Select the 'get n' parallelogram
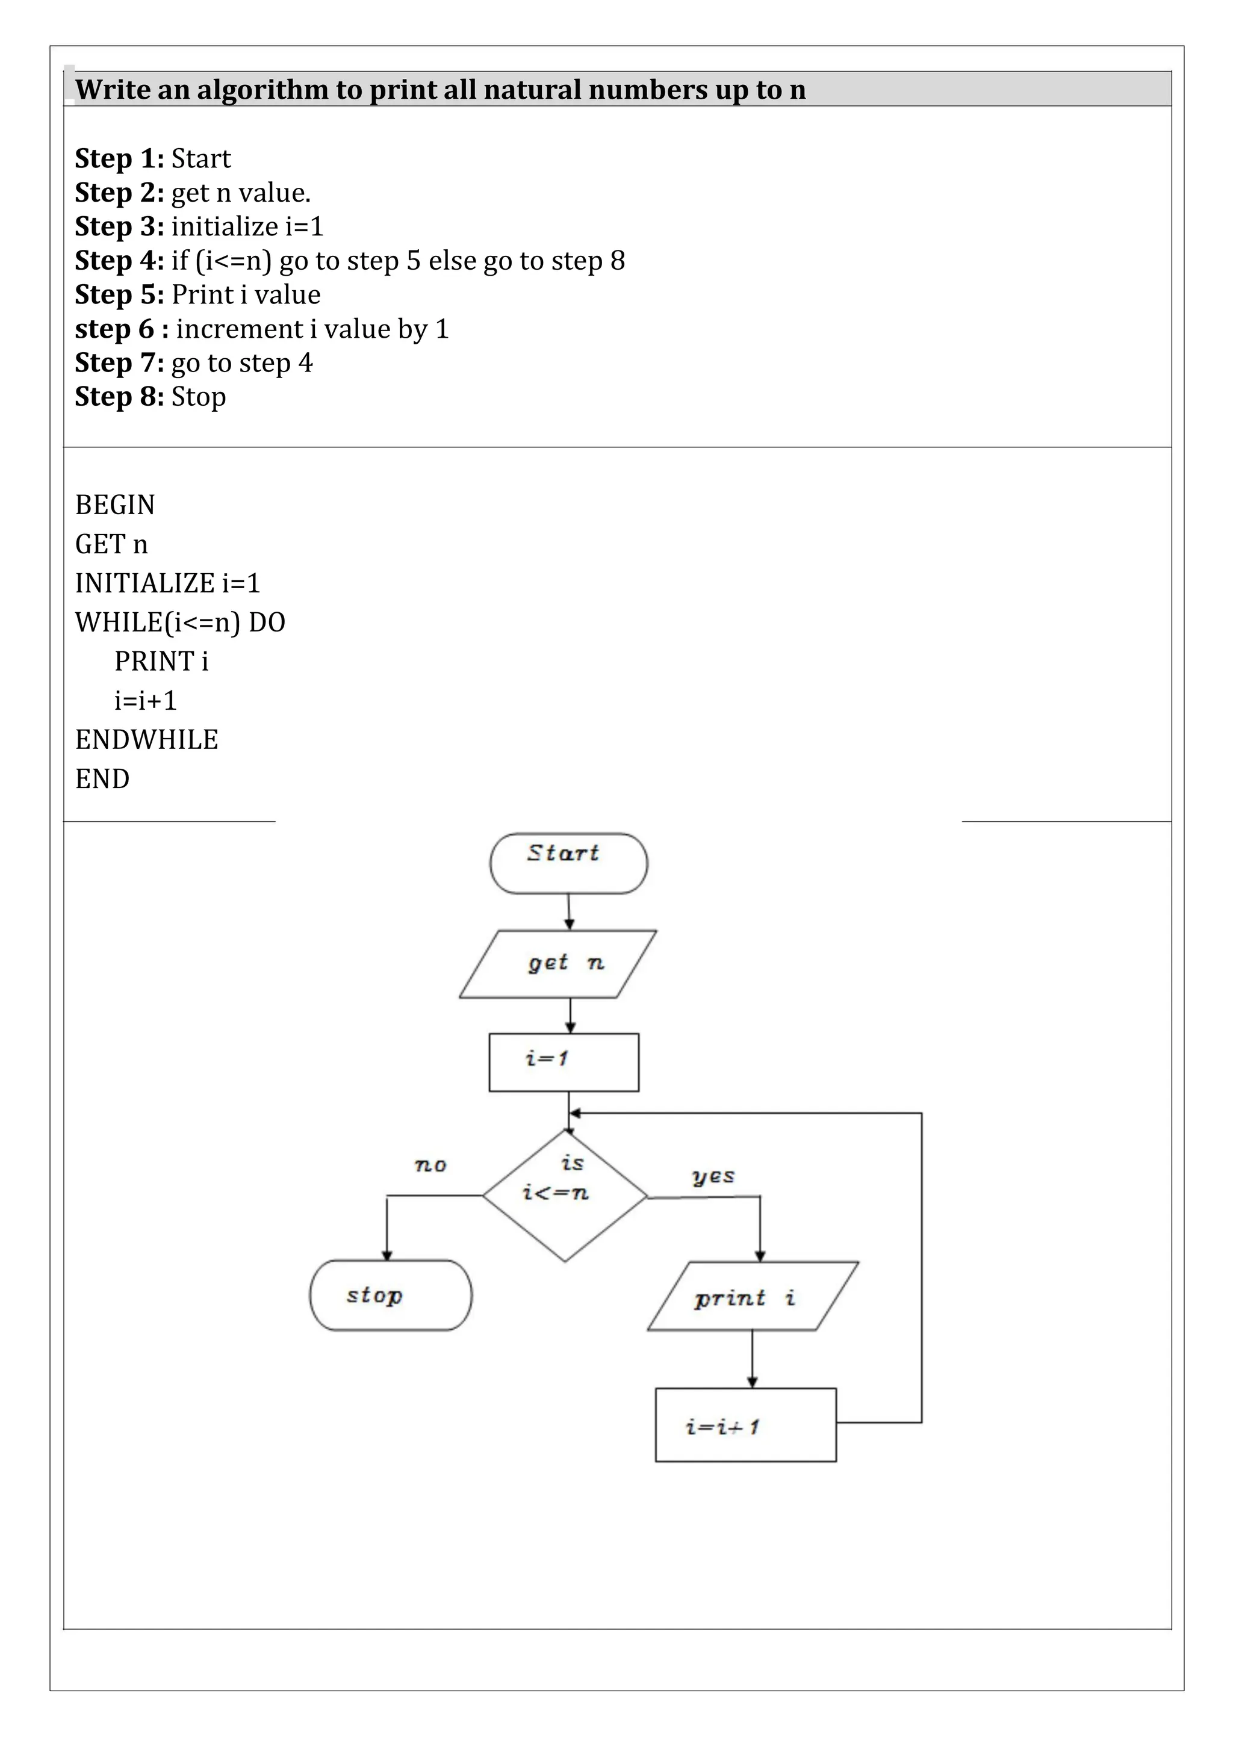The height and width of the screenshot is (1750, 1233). click(558, 964)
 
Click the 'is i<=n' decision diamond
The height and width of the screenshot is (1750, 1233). click(564, 1196)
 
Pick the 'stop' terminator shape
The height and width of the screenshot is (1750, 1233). click(390, 1295)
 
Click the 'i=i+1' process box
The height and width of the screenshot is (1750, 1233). click(745, 1424)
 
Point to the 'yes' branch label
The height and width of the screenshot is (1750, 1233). click(712, 1176)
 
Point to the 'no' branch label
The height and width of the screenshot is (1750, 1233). click(430, 1165)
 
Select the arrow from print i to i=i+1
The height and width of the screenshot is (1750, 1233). click(752, 1359)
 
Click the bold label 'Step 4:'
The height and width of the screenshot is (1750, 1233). click(119, 261)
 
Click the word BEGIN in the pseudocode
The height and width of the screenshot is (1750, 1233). click(115, 504)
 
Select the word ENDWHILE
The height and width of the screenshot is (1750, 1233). click(146, 739)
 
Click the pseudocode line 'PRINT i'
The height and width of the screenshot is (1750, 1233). click(161, 661)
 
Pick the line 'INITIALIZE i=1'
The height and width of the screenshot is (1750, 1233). click(167, 583)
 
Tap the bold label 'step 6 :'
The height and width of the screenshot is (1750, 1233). click(122, 329)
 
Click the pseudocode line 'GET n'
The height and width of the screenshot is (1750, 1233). click(111, 544)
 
